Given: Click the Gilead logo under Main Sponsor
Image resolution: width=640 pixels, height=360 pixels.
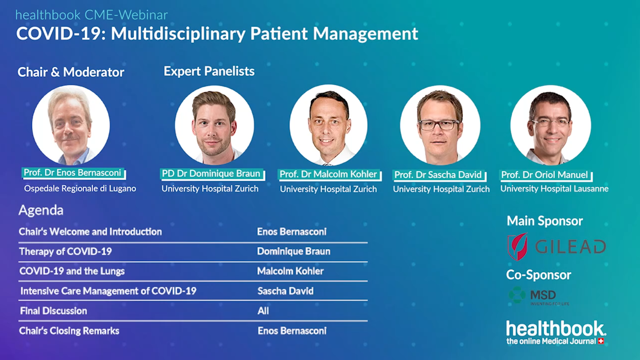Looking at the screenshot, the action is coord(557,247).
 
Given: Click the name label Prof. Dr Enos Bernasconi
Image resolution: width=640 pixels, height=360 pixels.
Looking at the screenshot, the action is coord(73,173).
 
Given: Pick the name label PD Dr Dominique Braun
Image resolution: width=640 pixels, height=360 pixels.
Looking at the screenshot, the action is coord(211,174).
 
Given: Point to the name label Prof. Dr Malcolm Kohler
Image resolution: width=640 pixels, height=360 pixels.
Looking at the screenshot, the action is coord(329,174).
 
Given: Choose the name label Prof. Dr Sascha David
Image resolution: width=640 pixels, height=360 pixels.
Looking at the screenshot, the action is coord(438,175).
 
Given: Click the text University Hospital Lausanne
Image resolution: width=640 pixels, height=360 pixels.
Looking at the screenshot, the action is coord(554,189).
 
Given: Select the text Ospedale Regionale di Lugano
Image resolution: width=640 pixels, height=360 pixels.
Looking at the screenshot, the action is coord(80,189).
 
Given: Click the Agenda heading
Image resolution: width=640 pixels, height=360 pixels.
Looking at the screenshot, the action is coord(41,210).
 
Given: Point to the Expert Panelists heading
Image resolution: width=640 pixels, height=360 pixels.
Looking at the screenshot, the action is coord(209,71).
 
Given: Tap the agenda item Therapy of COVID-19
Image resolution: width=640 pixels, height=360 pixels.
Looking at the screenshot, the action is coord(65,251).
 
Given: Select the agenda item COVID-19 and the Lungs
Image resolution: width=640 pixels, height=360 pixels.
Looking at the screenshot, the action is coord(72,271).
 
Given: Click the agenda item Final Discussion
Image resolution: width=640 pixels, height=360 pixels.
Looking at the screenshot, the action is coord(53,311).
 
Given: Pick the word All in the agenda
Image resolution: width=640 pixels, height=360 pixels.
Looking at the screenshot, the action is coord(263,311).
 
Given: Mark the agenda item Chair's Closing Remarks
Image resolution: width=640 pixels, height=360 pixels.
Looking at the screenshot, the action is coord(69,331).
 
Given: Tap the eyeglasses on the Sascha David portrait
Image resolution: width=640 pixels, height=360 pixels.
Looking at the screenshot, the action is coord(439,125).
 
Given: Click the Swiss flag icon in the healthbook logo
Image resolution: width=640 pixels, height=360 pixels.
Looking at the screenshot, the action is coord(601,341).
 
